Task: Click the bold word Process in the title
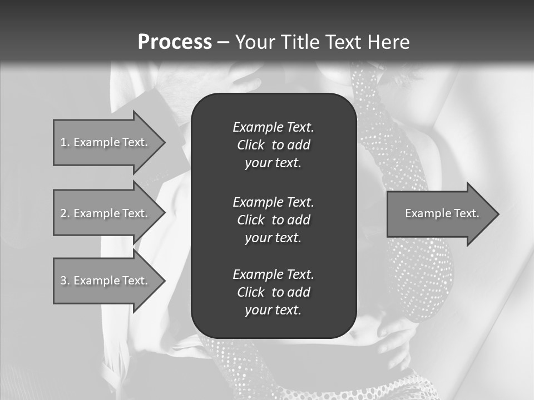(x=175, y=42)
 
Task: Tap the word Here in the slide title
(x=388, y=42)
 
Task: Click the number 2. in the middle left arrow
(x=65, y=213)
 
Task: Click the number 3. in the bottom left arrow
(x=65, y=281)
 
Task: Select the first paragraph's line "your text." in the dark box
(x=273, y=163)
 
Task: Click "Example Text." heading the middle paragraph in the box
(x=273, y=202)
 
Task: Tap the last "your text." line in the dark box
(x=273, y=311)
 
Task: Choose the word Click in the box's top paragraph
(x=250, y=145)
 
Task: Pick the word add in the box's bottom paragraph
(x=299, y=292)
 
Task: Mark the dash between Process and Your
(x=222, y=42)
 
